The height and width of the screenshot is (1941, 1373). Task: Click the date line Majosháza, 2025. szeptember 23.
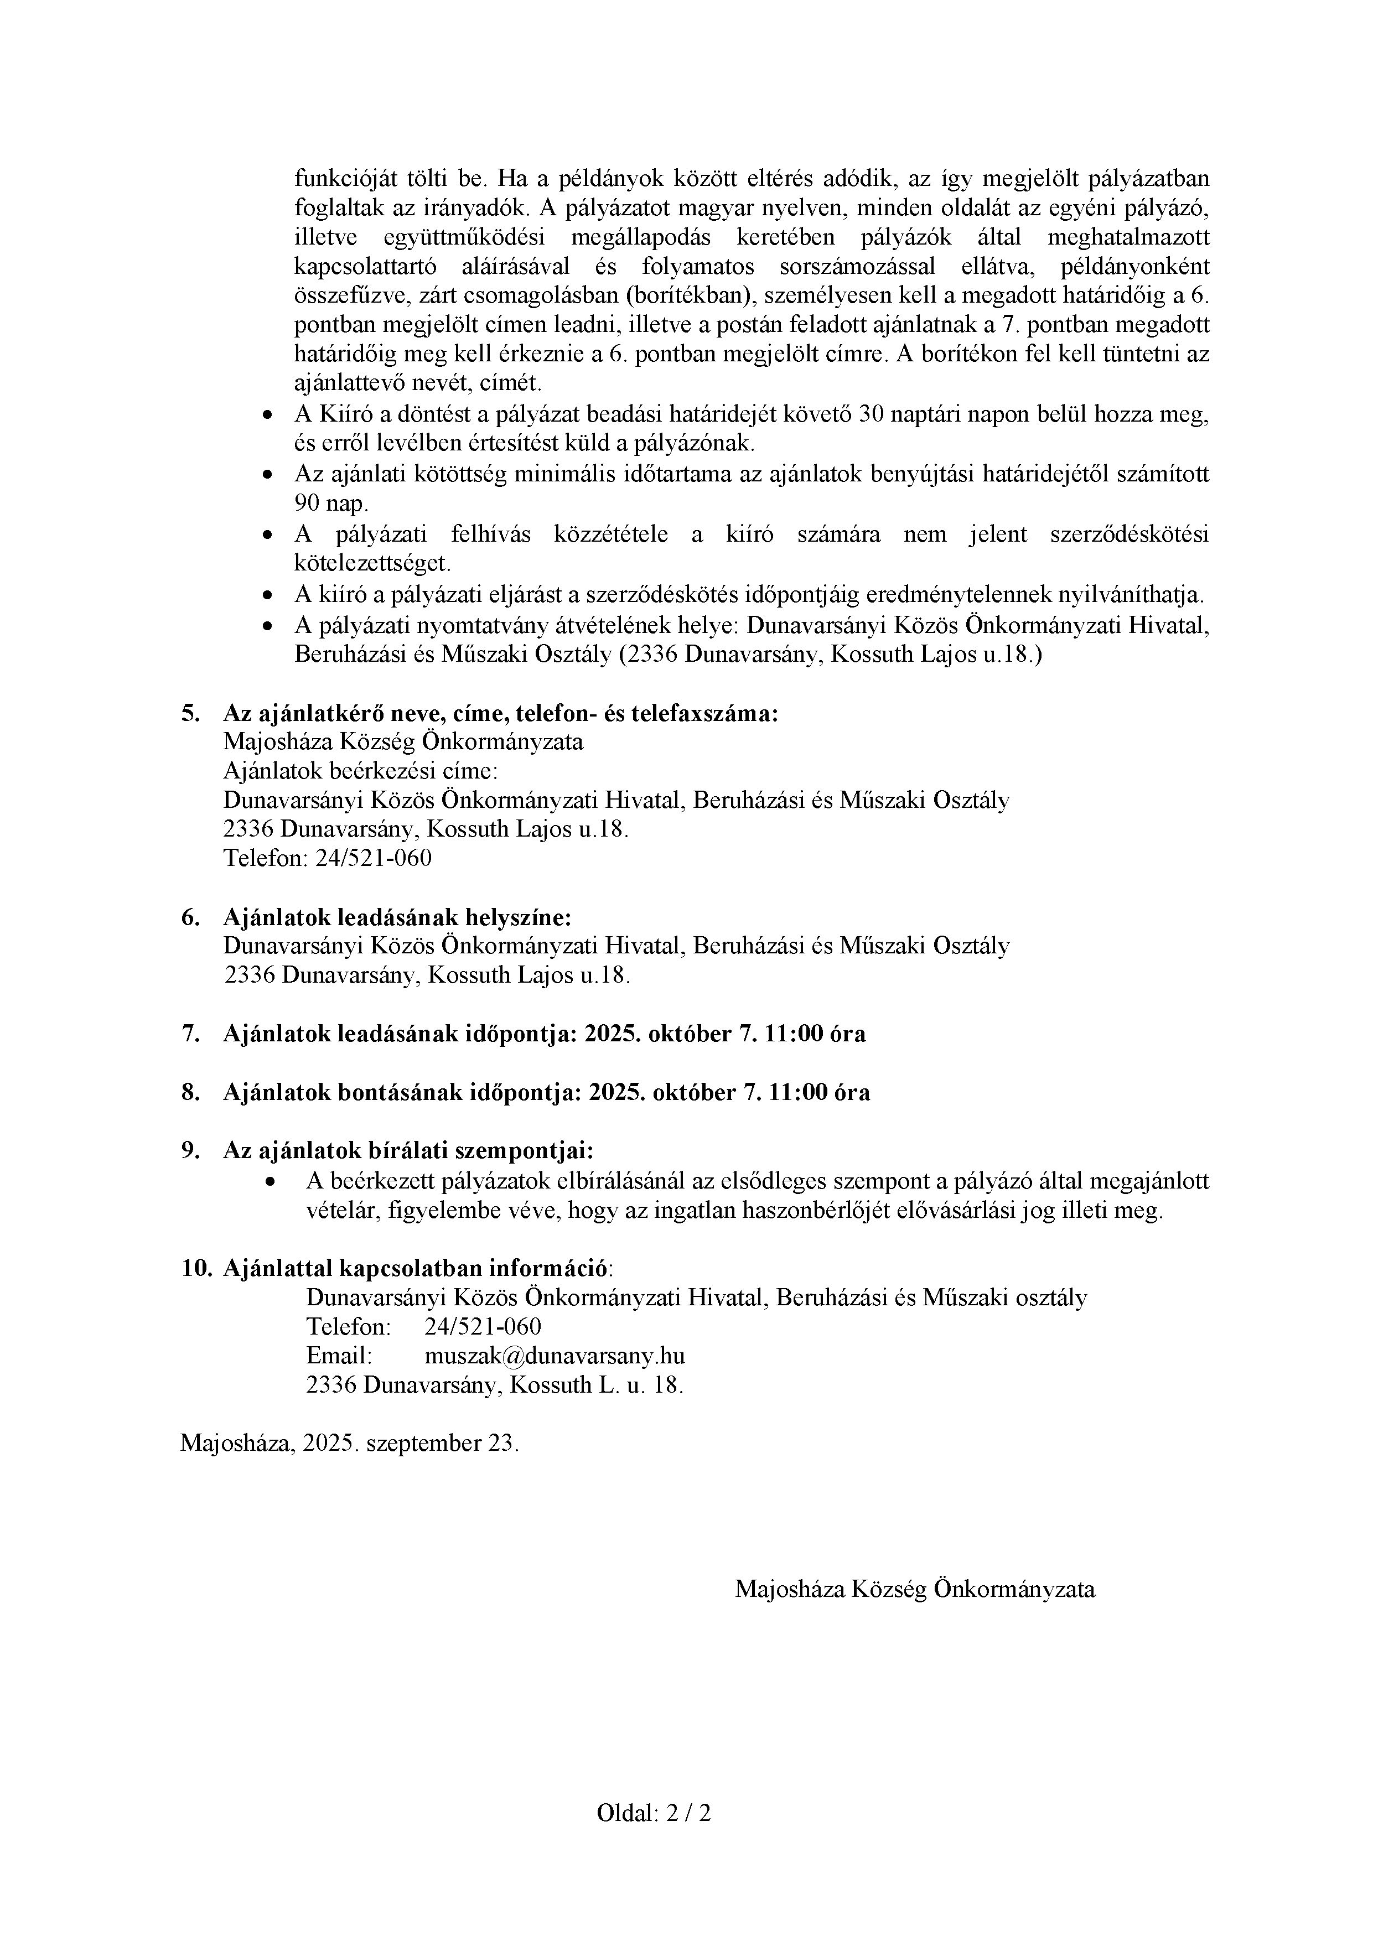coord(349,1443)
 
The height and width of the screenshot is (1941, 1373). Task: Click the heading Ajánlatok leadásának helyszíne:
coord(397,917)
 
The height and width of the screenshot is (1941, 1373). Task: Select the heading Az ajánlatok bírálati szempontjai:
coord(408,1150)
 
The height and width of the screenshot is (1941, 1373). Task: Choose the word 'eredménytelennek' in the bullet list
coord(960,594)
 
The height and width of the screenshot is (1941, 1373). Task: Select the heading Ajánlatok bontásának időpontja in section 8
coord(402,1092)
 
